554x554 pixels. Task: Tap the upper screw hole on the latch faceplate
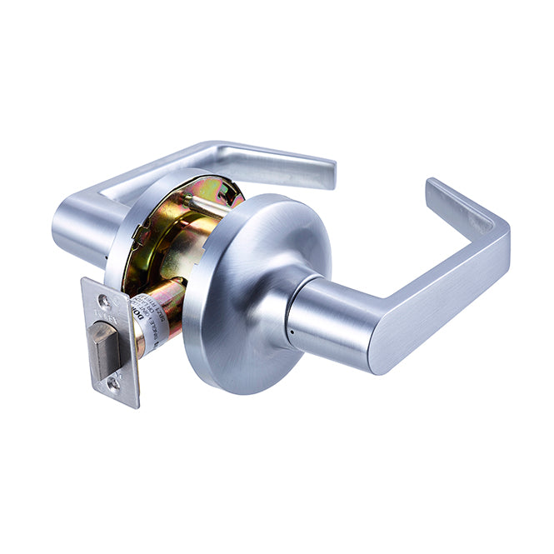tap(102, 300)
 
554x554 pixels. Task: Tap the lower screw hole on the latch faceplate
tap(113, 384)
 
